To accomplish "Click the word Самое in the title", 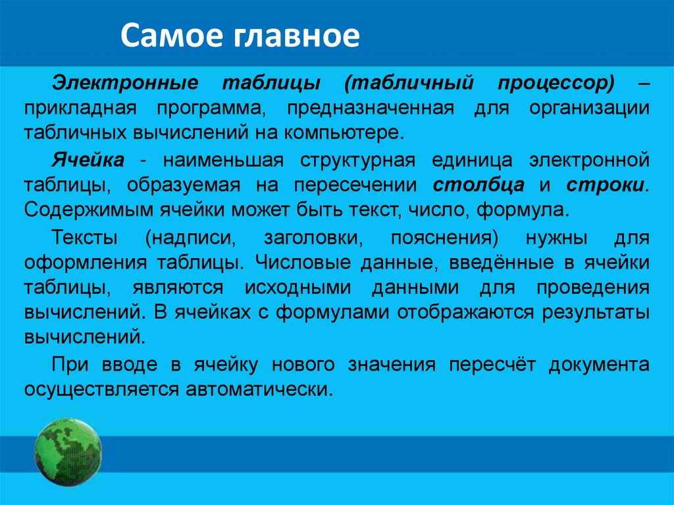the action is [173, 35].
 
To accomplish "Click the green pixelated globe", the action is [68, 452].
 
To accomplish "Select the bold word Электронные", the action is [125, 82].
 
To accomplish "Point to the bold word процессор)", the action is [556, 83].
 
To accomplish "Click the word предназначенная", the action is [371, 107].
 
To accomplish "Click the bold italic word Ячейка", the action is [88, 160].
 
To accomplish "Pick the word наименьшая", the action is [223, 160].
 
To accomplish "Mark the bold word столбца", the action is [479, 185].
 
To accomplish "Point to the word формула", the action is [523, 210].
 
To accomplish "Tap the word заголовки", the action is [313, 238].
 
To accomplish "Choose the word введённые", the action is [502, 263].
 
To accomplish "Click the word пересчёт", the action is [492, 365].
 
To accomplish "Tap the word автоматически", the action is [259, 390].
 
